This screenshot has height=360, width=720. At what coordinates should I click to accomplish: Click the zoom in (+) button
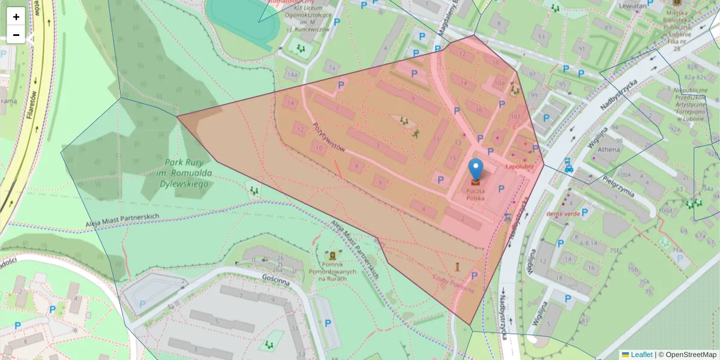(16, 17)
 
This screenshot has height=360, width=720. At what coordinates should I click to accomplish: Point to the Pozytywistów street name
(328, 137)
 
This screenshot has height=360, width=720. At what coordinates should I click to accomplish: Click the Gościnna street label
(276, 280)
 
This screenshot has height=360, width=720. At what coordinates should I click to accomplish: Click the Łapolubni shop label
(519, 167)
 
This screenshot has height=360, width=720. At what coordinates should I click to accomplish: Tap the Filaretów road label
(34, 104)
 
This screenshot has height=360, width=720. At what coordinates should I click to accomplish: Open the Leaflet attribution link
(641, 355)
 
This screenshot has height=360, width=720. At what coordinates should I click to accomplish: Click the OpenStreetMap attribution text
(687, 355)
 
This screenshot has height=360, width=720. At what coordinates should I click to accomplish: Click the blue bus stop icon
(568, 164)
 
